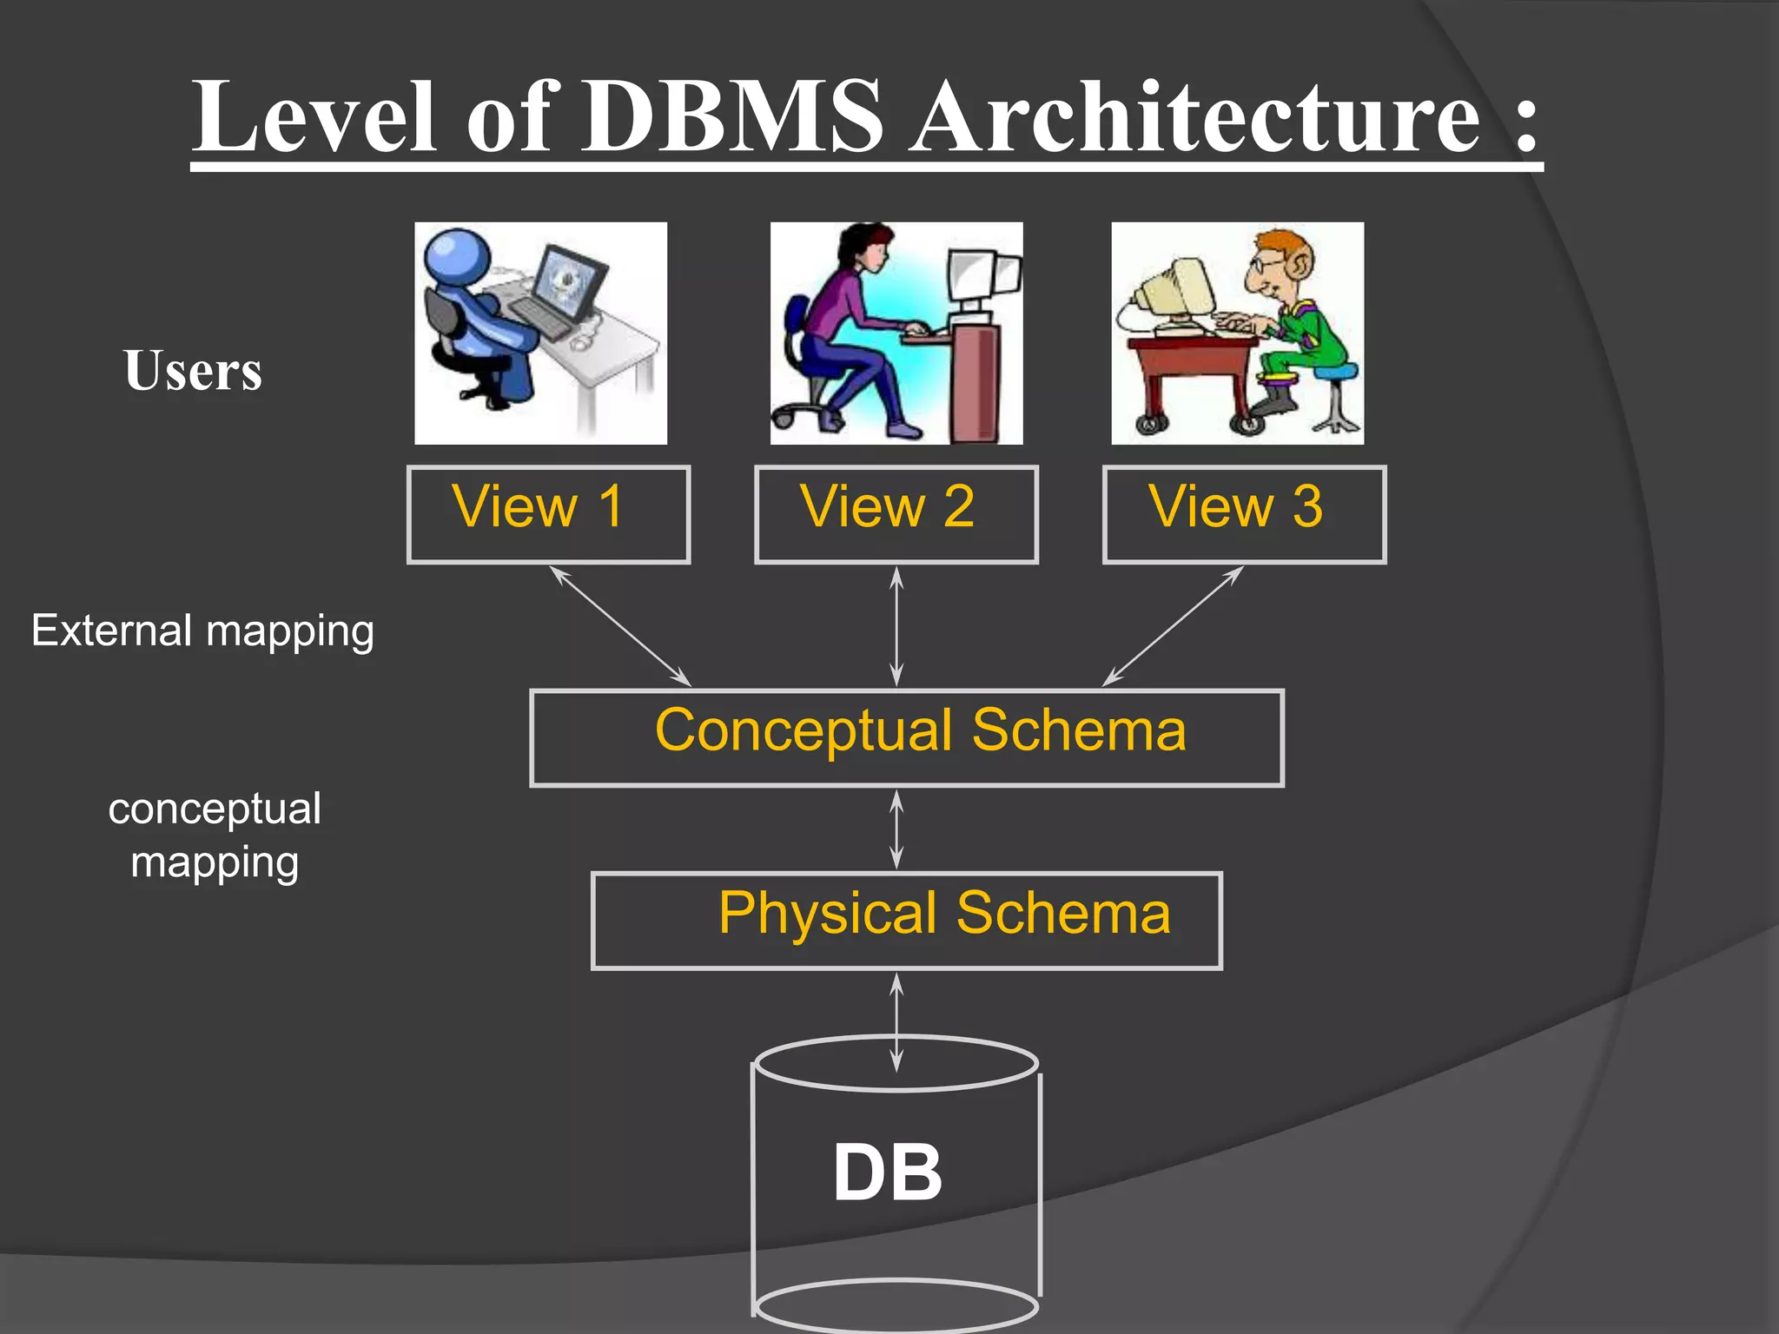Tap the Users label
pos(192,371)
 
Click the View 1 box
pos(548,514)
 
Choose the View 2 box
pos(896,514)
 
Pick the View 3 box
pos(1244,514)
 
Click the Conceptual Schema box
pos(906,737)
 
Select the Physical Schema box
pos(906,920)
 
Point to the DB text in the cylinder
pos(887,1172)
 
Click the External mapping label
pos(202,631)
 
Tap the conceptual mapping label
pos(215,835)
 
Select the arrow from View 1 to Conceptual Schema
pos(620,625)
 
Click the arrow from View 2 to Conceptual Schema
pos(896,625)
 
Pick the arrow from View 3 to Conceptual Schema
pos(1173,625)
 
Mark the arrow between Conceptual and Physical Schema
pos(896,829)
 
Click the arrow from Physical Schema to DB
pos(896,1021)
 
